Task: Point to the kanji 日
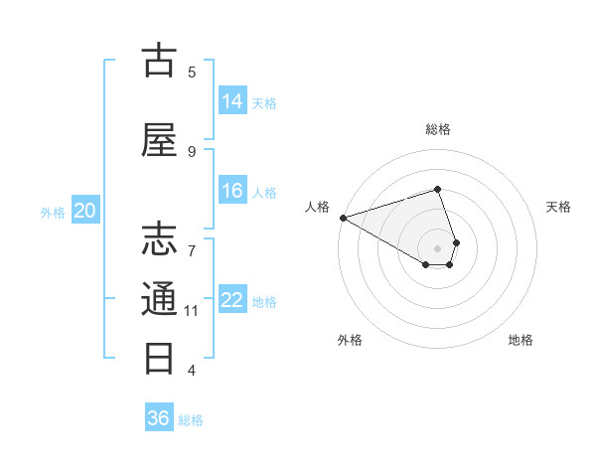[x=159, y=357]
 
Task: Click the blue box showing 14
[x=232, y=100]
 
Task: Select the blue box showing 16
[x=232, y=191]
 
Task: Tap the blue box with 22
[x=232, y=300]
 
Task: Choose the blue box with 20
[x=85, y=211]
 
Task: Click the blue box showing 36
[x=159, y=418]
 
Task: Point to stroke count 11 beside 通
[x=192, y=311]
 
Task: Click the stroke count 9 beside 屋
[x=192, y=151]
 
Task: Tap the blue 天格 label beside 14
[x=264, y=102]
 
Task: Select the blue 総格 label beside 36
[x=191, y=420]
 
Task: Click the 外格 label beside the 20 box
[x=53, y=212]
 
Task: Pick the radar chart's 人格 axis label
[x=318, y=207]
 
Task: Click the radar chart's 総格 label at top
[x=437, y=129]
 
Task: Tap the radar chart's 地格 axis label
[x=521, y=340]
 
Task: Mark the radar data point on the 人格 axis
[x=343, y=218]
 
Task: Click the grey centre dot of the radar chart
[x=437, y=247]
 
